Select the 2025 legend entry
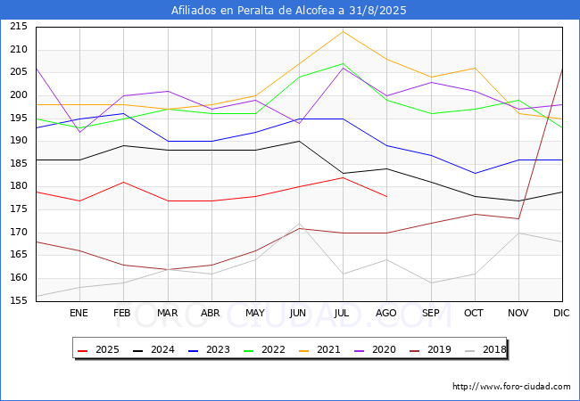98,349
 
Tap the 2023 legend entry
209,349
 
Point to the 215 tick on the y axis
19,27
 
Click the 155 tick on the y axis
19,300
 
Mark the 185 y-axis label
19,164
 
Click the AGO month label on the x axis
386,313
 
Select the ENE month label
79,313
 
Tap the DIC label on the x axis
561,313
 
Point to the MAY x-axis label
255,313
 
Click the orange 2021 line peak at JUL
343,31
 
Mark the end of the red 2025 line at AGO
387,196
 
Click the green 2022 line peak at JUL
343,63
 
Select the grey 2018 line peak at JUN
299,223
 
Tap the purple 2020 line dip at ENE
80,132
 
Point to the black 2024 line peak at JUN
299,141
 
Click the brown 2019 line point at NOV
518,218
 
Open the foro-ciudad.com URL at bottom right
511,387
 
